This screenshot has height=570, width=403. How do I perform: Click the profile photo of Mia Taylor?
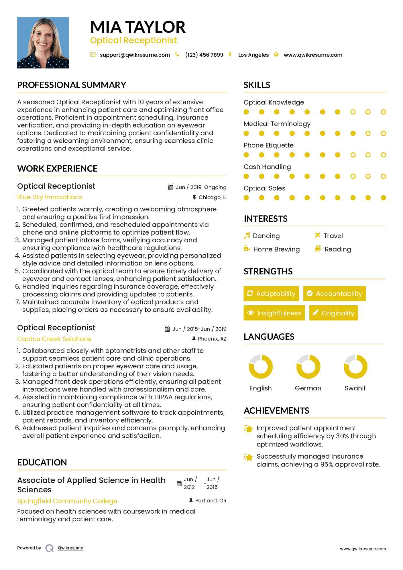(43, 43)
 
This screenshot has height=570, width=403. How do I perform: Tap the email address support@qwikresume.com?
(135, 55)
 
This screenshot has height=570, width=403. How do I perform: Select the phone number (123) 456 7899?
(204, 55)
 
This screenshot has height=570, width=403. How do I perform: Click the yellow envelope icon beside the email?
(93, 55)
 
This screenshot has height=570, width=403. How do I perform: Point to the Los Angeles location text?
(253, 55)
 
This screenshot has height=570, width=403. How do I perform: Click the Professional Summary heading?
(72, 85)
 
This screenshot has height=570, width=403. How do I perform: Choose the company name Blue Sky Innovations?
(50, 197)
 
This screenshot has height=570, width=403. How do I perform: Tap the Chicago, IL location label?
(212, 197)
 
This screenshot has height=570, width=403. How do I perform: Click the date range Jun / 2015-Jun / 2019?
(199, 329)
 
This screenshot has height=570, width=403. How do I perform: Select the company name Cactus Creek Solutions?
(54, 339)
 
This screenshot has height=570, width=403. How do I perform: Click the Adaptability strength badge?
(271, 294)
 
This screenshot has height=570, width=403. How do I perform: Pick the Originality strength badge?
(333, 313)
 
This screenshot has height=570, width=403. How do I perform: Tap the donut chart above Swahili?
(355, 367)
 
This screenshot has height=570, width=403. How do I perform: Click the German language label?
(308, 388)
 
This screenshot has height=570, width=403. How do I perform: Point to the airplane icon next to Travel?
(317, 235)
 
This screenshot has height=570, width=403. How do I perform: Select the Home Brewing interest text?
(276, 249)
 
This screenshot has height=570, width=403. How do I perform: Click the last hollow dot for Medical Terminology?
(383, 133)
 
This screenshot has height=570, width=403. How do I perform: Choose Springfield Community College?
(67, 501)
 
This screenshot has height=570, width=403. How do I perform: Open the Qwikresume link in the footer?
(70, 548)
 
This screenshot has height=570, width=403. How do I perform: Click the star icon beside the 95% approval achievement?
(248, 457)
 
